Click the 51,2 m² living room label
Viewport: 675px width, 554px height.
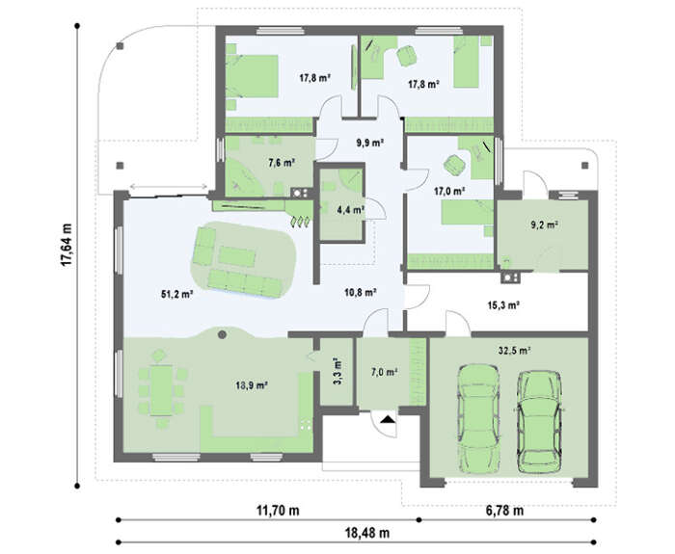[176, 295]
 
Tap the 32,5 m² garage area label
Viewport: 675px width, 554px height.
[514, 351]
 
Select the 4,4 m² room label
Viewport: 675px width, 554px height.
[351, 210]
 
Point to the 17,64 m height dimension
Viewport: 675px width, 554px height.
[67, 245]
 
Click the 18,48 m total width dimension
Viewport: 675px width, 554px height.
[367, 534]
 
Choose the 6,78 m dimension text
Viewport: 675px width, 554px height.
[504, 511]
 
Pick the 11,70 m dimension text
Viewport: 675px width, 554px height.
[278, 511]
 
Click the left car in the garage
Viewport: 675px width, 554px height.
[479, 418]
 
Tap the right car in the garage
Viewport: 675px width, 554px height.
[539, 422]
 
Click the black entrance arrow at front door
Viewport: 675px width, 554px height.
[388, 418]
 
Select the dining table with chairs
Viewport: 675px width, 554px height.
[162, 390]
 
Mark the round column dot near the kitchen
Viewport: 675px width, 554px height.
[222, 334]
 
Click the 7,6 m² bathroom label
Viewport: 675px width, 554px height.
[282, 163]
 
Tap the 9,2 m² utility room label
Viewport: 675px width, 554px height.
[545, 224]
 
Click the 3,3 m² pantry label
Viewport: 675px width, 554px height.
[337, 371]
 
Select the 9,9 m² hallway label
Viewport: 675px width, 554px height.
[369, 143]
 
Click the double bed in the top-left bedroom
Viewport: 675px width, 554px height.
[253, 76]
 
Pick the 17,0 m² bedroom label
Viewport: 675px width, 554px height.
[449, 191]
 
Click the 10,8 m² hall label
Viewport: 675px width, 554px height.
[361, 293]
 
